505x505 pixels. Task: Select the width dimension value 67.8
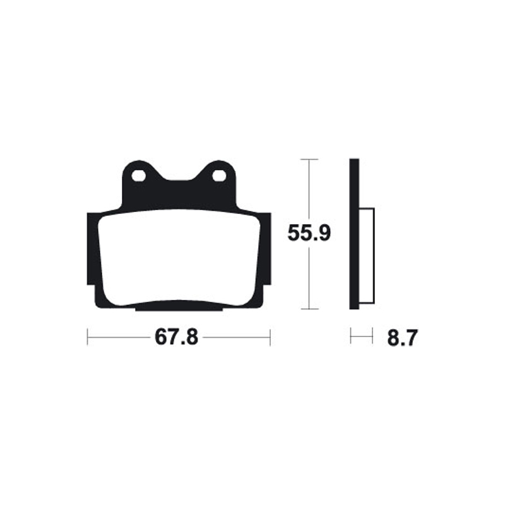177,338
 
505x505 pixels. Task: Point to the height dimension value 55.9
309,234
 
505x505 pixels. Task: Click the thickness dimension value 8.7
401,338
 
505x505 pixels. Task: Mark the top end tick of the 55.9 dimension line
308,159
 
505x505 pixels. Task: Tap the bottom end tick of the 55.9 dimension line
308,309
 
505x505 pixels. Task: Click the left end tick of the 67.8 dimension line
87,337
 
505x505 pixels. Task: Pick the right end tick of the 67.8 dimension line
270,337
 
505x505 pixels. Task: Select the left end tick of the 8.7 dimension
350,336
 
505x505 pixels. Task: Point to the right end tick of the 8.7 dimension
373,336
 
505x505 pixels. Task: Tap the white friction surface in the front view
178,259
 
